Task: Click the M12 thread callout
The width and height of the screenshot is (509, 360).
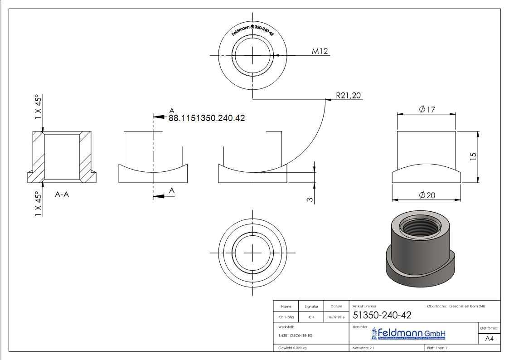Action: point(320,51)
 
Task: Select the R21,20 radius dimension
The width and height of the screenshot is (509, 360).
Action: point(348,96)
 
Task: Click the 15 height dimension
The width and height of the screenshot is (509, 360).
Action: point(473,156)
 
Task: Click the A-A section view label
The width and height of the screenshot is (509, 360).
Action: point(63,195)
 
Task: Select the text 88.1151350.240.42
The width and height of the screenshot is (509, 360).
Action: point(207,118)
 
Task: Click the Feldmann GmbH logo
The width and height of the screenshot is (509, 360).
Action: point(409,334)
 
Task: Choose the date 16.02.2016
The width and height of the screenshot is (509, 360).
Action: point(336,317)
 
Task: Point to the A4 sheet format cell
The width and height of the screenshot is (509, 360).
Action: point(489,339)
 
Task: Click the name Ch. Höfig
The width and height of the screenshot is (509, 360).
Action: point(286,317)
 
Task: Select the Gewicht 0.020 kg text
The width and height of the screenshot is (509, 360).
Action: point(292,348)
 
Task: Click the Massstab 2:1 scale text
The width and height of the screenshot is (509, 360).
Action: point(363,348)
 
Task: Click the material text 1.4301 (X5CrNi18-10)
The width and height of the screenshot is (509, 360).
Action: point(295,336)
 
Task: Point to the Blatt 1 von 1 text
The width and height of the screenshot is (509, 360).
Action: point(437,348)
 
